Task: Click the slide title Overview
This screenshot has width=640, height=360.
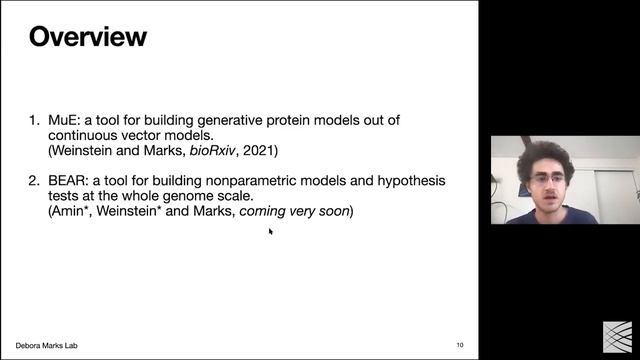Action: pos(88,38)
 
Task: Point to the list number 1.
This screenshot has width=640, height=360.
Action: pos(33,120)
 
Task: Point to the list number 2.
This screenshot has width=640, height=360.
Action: pos(33,181)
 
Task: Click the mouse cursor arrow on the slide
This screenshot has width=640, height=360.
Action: pos(270,231)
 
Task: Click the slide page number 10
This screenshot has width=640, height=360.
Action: pos(460,345)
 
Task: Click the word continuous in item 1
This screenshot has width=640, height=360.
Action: pos(89,135)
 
